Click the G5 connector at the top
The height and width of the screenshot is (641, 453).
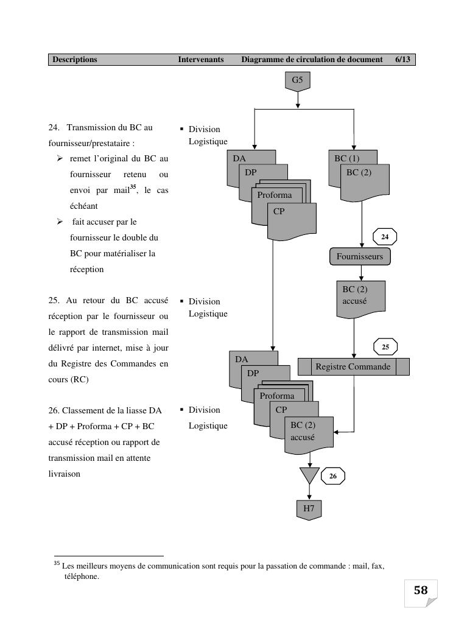pos(297,80)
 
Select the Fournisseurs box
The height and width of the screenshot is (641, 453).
pos(360,256)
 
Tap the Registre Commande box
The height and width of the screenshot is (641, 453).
pos(353,366)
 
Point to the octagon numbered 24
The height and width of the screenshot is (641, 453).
pos(385,236)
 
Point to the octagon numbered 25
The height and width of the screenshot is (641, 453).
pos(385,347)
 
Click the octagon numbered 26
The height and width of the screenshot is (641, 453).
pos(332,476)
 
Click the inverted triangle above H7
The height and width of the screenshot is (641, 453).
pos(309,474)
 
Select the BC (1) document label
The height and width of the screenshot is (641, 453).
pos(347,158)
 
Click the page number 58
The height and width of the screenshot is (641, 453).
pos(421,590)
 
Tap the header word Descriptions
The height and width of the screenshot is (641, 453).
pos(75,60)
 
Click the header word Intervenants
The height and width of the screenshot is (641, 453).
pos(201,60)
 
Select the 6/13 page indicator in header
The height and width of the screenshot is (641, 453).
pos(402,60)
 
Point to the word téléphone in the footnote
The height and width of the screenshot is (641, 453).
pos(82,576)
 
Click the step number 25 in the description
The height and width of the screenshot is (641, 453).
pos(53,301)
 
